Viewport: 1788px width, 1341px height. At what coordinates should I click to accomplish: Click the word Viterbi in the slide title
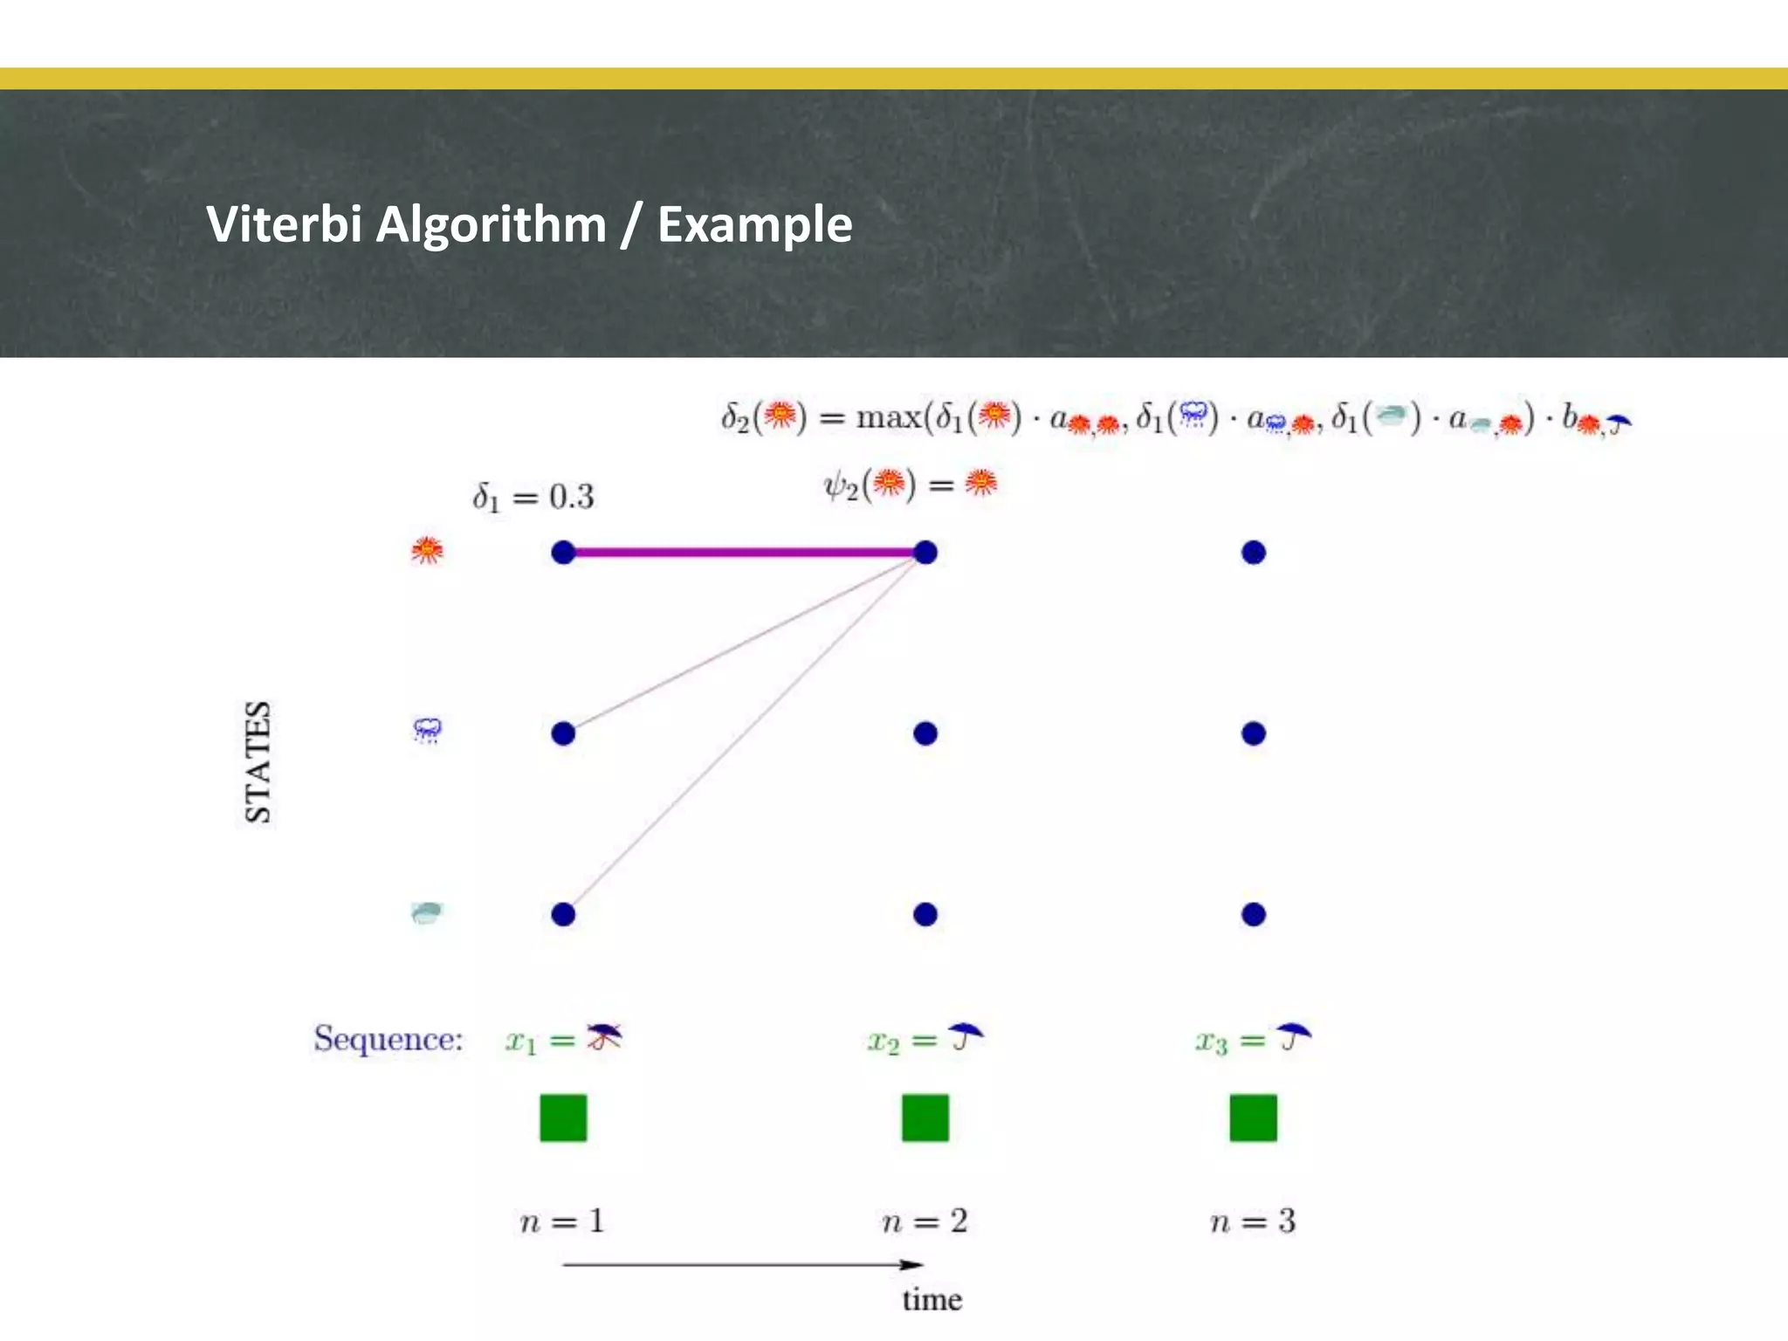tap(284, 224)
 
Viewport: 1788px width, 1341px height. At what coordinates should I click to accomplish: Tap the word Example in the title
tap(754, 225)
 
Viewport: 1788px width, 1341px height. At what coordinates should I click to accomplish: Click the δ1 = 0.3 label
tap(533, 498)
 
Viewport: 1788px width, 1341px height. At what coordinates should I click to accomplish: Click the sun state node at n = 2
tap(925, 553)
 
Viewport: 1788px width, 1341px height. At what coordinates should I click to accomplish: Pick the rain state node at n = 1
tap(563, 733)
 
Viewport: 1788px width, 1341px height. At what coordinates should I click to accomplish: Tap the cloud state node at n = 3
tap(1253, 914)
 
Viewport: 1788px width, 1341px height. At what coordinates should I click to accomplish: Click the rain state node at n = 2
tap(925, 733)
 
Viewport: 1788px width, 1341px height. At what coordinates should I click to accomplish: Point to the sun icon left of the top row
tap(427, 550)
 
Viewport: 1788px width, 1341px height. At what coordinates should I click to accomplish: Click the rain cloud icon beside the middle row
tap(427, 730)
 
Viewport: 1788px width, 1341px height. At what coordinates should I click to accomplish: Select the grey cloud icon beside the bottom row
tap(427, 913)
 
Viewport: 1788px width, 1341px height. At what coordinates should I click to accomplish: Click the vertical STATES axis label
tap(258, 761)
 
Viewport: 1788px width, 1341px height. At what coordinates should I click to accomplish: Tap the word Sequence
tap(388, 1039)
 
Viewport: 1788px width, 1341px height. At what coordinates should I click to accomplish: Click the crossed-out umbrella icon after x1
tap(604, 1036)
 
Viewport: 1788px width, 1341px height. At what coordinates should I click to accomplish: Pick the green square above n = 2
tap(925, 1117)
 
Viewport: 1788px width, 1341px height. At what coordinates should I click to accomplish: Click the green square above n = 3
tap(1253, 1117)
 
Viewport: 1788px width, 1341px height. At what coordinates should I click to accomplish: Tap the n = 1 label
tap(562, 1221)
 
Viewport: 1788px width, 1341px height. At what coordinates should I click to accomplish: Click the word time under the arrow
tap(932, 1300)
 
